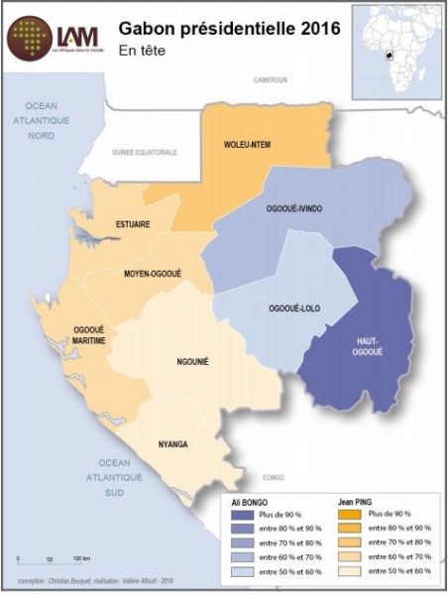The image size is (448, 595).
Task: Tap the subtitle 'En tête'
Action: [x=143, y=49]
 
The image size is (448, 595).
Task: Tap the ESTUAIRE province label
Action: [x=132, y=224]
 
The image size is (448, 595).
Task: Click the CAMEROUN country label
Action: [x=270, y=78]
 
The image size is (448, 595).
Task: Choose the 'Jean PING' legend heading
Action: [x=354, y=502]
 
